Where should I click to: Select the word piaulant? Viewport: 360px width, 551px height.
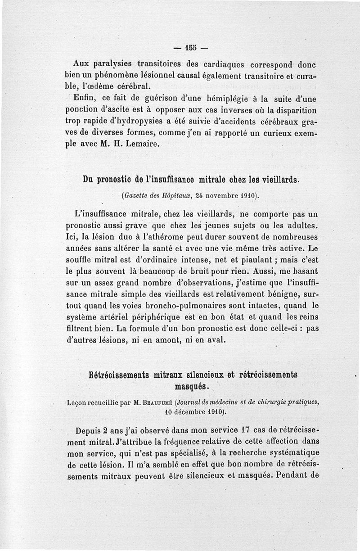tap(253, 259)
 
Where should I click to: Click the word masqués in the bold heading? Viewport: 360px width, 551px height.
tap(191, 386)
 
